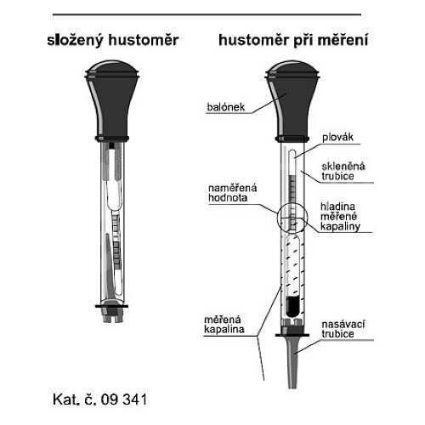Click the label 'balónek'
click(x=226, y=107)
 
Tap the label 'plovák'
click(x=337, y=137)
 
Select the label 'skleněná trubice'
click(x=343, y=171)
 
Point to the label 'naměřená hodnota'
click(x=232, y=193)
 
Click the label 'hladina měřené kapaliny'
click(x=340, y=217)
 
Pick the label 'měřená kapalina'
click(x=224, y=325)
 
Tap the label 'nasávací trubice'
click(x=343, y=329)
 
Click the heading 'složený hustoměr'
click(x=113, y=40)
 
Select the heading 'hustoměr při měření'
click(x=293, y=40)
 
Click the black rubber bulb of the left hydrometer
click(x=112, y=99)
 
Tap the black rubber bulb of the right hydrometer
click(x=292, y=99)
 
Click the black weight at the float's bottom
click(x=292, y=307)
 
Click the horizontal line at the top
click(x=207, y=14)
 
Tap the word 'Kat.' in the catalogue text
click(x=65, y=399)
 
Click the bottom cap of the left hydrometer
click(x=112, y=313)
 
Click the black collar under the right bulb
click(x=292, y=139)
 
